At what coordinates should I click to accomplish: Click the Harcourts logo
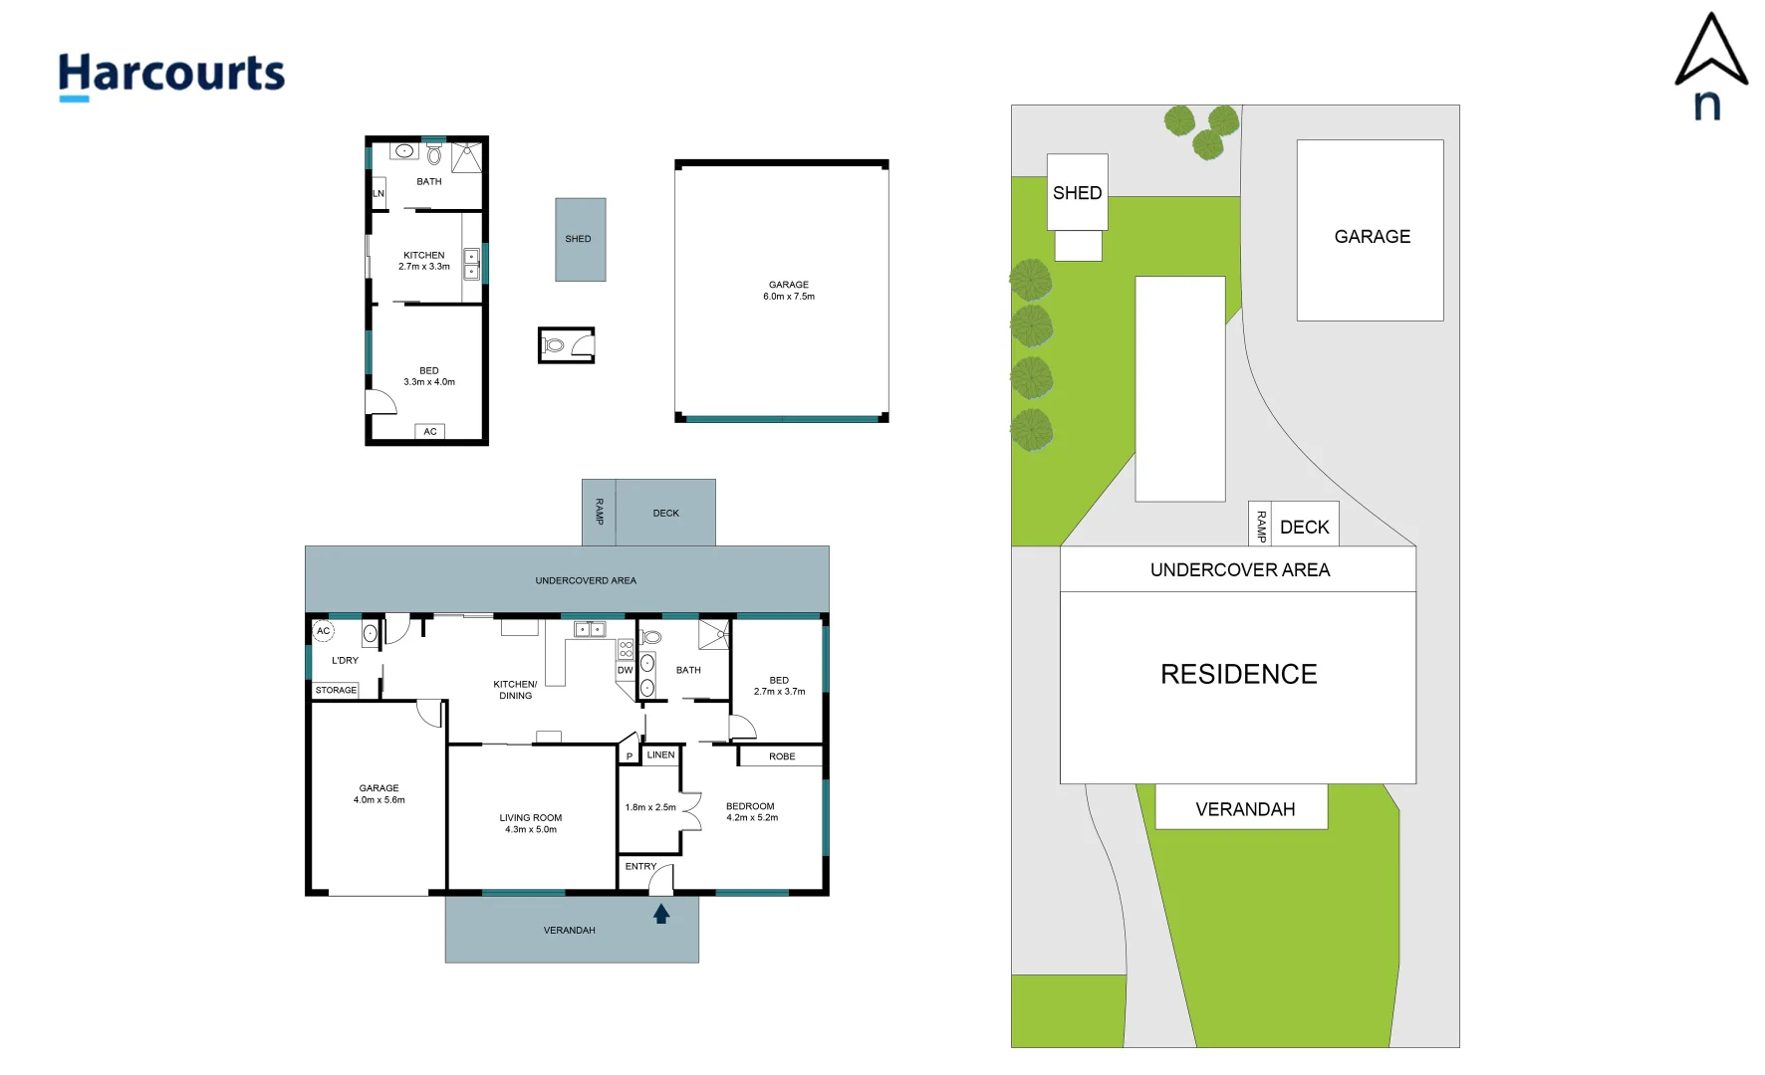[x=171, y=75]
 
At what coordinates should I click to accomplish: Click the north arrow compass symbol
[x=1710, y=66]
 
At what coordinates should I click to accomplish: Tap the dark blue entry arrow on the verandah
[x=661, y=913]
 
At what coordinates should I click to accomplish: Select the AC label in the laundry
[x=323, y=631]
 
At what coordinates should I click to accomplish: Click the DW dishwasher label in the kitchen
[x=625, y=671]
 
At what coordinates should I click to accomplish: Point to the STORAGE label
[x=336, y=690]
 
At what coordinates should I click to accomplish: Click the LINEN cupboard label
[x=660, y=755]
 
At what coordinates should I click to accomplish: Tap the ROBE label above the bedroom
[x=782, y=756]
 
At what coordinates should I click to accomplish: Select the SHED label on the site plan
[x=1077, y=193]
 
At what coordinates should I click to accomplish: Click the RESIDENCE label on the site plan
[x=1238, y=675]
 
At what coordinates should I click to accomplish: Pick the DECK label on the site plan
[x=1304, y=528]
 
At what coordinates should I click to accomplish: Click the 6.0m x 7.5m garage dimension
[x=789, y=297]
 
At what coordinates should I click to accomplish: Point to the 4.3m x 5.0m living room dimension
[x=530, y=829]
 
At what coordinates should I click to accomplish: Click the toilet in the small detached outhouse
[x=554, y=345]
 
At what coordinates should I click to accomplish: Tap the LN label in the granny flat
[x=378, y=194]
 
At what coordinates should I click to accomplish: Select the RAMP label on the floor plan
[x=599, y=512]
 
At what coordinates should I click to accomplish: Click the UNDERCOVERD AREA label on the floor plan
[x=586, y=580]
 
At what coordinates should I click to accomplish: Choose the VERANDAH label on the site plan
[x=1245, y=809]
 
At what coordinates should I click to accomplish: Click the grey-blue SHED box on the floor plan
[x=580, y=239]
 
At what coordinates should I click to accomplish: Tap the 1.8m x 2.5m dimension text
[x=650, y=807]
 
